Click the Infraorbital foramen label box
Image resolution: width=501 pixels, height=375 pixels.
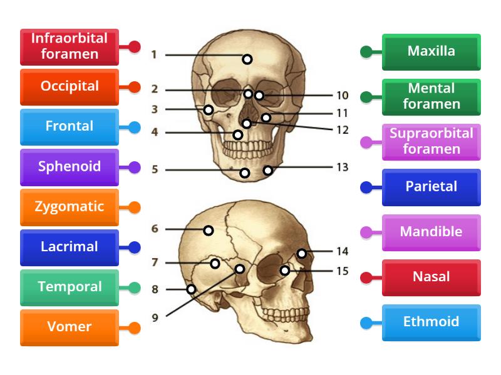pyautogui.click(x=70, y=46)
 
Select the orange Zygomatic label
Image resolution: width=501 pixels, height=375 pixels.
pyautogui.click(x=70, y=207)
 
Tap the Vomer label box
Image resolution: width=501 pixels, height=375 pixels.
pyautogui.click(x=70, y=327)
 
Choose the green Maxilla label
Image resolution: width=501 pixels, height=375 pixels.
pyautogui.click(x=431, y=51)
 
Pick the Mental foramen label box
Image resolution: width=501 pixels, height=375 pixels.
pyautogui.click(x=431, y=96)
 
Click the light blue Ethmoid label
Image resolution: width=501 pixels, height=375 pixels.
pyautogui.click(x=431, y=322)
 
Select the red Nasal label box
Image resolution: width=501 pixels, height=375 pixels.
pyautogui.click(x=431, y=277)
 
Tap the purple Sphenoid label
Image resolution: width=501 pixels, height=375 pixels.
pyautogui.click(x=70, y=167)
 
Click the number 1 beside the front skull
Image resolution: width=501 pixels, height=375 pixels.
pyautogui.click(x=154, y=55)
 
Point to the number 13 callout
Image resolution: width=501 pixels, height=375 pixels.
pyautogui.click(x=342, y=167)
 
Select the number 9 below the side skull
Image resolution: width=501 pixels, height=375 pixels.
pyautogui.click(x=155, y=317)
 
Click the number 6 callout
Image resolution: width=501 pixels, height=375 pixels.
pyautogui.click(x=155, y=229)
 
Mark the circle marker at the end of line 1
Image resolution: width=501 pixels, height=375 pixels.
pyautogui.click(x=247, y=59)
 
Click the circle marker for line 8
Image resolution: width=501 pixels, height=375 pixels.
pyautogui.click(x=191, y=289)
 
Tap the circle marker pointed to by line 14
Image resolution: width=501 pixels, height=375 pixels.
pyautogui.click(x=302, y=253)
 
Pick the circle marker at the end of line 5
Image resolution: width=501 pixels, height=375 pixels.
pyautogui.click(x=245, y=172)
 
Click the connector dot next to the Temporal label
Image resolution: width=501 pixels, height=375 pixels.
pyautogui.click(x=134, y=287)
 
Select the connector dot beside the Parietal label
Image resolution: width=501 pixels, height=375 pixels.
pyautogui.click(x=366, y=187)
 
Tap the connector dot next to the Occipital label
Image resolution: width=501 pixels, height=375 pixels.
pyautogui.click(x=134, y=87)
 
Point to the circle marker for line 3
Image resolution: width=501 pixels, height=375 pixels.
pyautogui.click(x=209, y=110)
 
